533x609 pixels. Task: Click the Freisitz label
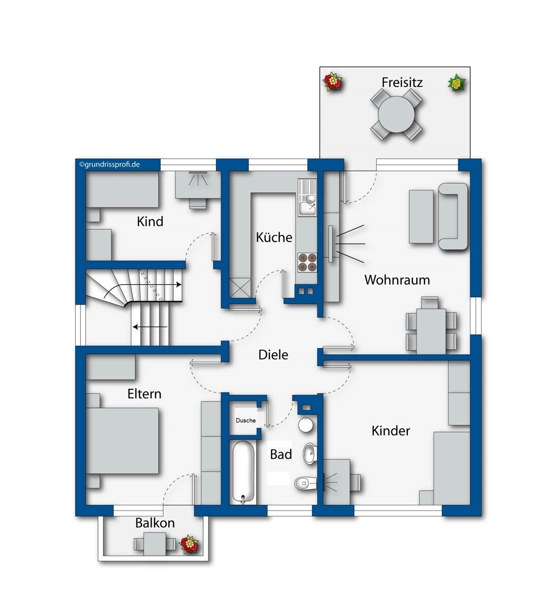click(x=402, y=82)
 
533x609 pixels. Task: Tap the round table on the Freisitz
click(x=396, y=114)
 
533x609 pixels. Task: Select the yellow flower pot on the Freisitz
click(x=457, y=83)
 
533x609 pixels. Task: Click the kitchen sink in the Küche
click(x=307, y=204)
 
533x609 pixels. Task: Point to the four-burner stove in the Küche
click(x=307, y=262)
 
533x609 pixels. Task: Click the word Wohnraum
click(x=397, y=280)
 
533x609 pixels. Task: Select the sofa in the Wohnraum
click(x=453, y=216)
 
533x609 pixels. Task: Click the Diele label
click(x=273, y=355)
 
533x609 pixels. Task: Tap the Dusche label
click(x=245, y=421)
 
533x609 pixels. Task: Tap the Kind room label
click(x=150, y=221)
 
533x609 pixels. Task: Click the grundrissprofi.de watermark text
click(x=110, y=164)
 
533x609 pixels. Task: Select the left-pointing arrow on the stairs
click(x=150, y=327)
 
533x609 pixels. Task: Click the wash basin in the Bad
click(x=310, y=454)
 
